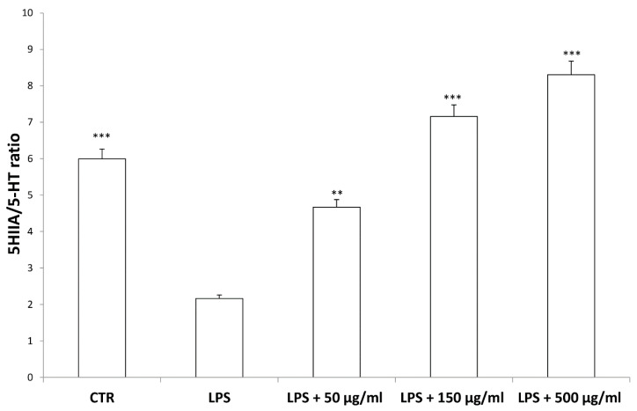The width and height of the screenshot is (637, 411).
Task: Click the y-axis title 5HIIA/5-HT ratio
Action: (17, 194)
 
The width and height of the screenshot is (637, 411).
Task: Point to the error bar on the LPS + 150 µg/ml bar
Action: (453, 110)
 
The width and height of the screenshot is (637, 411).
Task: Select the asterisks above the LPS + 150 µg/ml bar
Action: (453, 97)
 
